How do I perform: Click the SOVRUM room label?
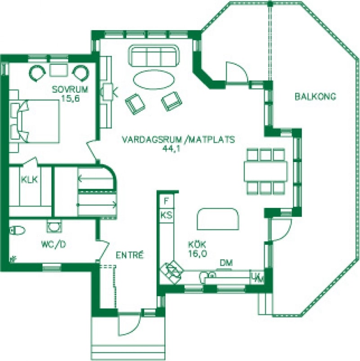click(x=70, y=89)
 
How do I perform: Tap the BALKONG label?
click(x=315, y=96)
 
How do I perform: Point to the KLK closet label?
click(x=29, y=179)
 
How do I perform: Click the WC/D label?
click(x=54, y=244)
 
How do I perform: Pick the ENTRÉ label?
click(x=130, y=255)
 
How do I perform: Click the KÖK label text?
click(x=197, y=244)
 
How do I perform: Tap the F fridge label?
click(x=166, y=201)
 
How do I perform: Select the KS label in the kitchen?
click(x=166, y=216)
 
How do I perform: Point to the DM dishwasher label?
click(x=226, y=263)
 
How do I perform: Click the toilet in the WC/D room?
click(x=18, y=230)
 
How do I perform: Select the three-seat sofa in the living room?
click(x=154, y=56)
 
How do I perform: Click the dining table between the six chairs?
click(x=265, y=171)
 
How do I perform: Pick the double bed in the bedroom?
click(x=35, y=121)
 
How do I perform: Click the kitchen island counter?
click(x=218, y=219)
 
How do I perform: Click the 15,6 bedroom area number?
click(x=70, y=99)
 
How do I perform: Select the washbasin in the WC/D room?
click(x=54, y=226)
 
